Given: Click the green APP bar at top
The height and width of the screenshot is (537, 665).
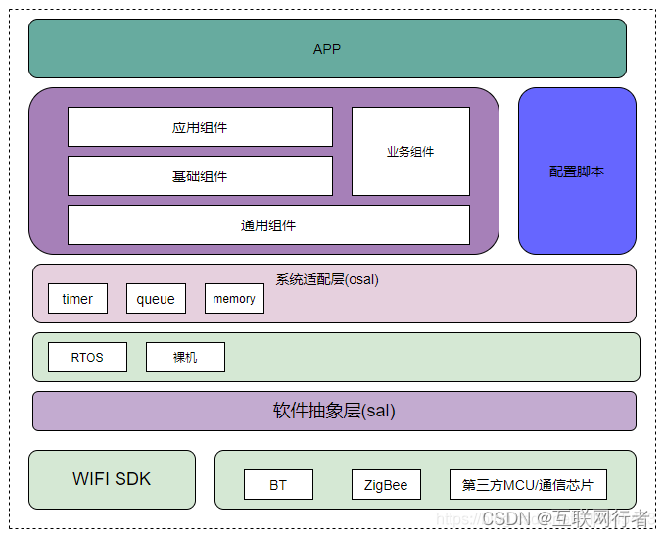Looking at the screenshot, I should (x=327, y=49).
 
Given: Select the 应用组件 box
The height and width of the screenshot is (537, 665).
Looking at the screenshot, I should (x=200, y=127).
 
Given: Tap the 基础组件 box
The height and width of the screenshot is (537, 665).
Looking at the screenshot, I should (x=200, y=176).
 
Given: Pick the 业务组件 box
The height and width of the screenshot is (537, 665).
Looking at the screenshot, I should (x=410, y=152).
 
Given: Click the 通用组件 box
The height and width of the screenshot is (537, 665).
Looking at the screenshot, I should (x=268, y=225).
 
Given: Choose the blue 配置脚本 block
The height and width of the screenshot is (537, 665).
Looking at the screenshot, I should (x=577, y=171).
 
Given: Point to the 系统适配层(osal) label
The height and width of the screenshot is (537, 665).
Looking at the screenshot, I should (x=327, y=279).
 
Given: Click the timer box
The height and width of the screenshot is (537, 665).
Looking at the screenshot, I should (x=77, y=299).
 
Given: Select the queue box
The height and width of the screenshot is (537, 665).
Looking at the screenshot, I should (x=156, y=299).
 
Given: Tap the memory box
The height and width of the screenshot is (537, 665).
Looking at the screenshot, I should (x=234, y=299).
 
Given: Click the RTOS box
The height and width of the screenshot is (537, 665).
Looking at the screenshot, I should (x=87, y=358).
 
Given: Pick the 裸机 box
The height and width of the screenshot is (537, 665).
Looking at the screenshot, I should (x=185, y=358).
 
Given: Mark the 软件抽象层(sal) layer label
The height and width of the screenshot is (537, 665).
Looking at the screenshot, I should (x=334, y=411).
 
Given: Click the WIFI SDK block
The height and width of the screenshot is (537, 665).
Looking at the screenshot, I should (x=112, y=479).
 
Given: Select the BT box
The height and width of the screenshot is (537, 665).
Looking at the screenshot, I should (x=278, y=485).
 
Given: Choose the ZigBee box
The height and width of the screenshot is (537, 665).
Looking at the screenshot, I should (x=386, y=485).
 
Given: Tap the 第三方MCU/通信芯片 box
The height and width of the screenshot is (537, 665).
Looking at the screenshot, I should (x=528, y=485).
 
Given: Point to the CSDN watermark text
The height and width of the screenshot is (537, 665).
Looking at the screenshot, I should (x=507, y=517).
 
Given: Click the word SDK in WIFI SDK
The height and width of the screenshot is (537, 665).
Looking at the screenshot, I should (x=132, y=479).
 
